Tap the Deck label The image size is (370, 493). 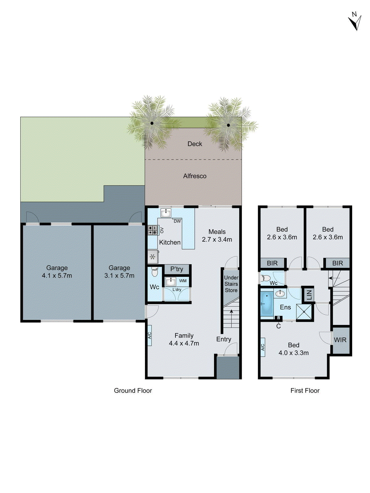point(195,144)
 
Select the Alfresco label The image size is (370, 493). point(195,176)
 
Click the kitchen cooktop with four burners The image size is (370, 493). point(153,230)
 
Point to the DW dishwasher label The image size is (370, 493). point(177,221)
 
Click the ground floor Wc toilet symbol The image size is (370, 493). point(154,273)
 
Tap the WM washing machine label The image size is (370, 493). point(183,281)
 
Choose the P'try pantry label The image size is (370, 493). point(177,269)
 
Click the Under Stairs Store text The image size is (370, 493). point(231,284)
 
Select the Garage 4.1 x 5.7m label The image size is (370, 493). point(57,272)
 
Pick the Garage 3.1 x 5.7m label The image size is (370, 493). point(119,272)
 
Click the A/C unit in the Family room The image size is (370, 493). point(150,335)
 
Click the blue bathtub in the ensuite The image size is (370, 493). point(267,304)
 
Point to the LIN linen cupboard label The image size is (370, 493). point(309,294)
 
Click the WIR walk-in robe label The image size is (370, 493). point(340,340)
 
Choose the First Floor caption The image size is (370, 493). point(305,391)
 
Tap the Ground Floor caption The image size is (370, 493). point(133,391)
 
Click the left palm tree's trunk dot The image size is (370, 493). point(152,123)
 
